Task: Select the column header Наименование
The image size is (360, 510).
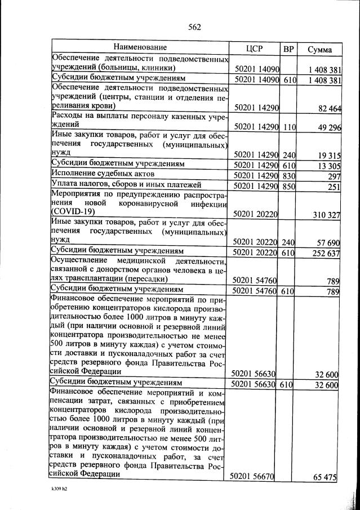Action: coord(140,47)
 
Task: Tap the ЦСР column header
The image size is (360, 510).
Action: coord(255,49)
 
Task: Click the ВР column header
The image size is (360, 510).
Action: coord(288,50)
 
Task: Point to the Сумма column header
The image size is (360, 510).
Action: coord(319,50)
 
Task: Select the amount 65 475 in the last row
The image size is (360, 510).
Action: coord(325,477)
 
